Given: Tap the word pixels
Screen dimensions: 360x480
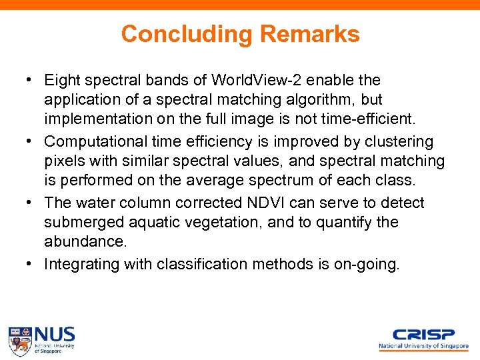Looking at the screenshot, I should [x=63, y=161].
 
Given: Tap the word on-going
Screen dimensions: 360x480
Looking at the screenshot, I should [x=369, y=264].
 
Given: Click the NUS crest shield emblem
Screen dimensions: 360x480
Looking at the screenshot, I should [x=20, y=340].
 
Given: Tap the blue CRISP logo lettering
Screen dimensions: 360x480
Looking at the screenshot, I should [x=423, y=335].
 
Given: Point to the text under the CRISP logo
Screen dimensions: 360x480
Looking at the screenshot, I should [x=423, y=347].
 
